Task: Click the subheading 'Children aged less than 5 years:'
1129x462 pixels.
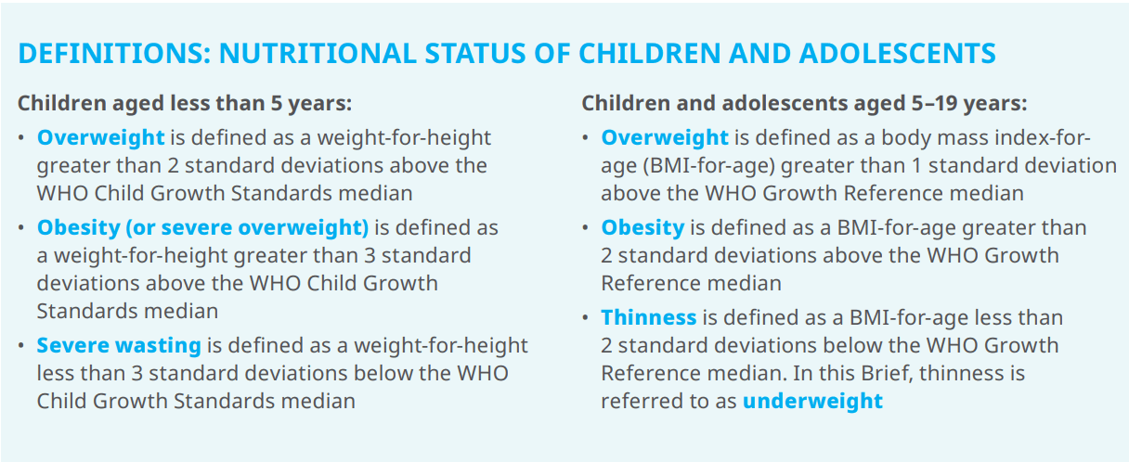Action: click(x=185, y=103)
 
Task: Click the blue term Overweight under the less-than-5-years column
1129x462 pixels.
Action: click(x=100, y=137)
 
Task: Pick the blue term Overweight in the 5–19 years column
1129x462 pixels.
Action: click(x=664, y=137)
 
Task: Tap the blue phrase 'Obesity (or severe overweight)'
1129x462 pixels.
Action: click(x=202, y=227)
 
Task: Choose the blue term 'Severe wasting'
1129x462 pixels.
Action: click(x=119, y=346)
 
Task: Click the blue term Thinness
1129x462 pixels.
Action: click(x=648, y=317)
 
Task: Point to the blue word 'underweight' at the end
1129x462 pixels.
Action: click(x=812, y=401)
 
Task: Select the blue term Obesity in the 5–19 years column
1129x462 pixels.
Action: click(x=642, y=227)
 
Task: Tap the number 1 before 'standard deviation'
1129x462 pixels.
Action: click(x=920, y=166)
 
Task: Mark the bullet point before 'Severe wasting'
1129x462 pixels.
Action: click(x=22, y=346)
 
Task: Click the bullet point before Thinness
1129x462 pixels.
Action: click(x=586, y=317)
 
